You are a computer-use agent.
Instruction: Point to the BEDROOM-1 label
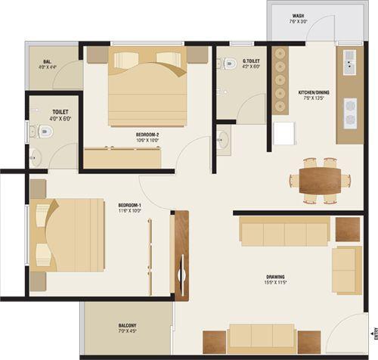[129, 205]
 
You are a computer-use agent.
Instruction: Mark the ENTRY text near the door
[373, 333]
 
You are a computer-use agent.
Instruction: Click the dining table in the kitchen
[318, 180]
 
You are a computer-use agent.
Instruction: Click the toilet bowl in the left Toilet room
[45, 132]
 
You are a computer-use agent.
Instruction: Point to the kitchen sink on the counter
[351, 60]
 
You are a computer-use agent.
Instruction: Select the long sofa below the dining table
[283, 231]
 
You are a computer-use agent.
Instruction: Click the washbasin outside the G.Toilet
[222, 139]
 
